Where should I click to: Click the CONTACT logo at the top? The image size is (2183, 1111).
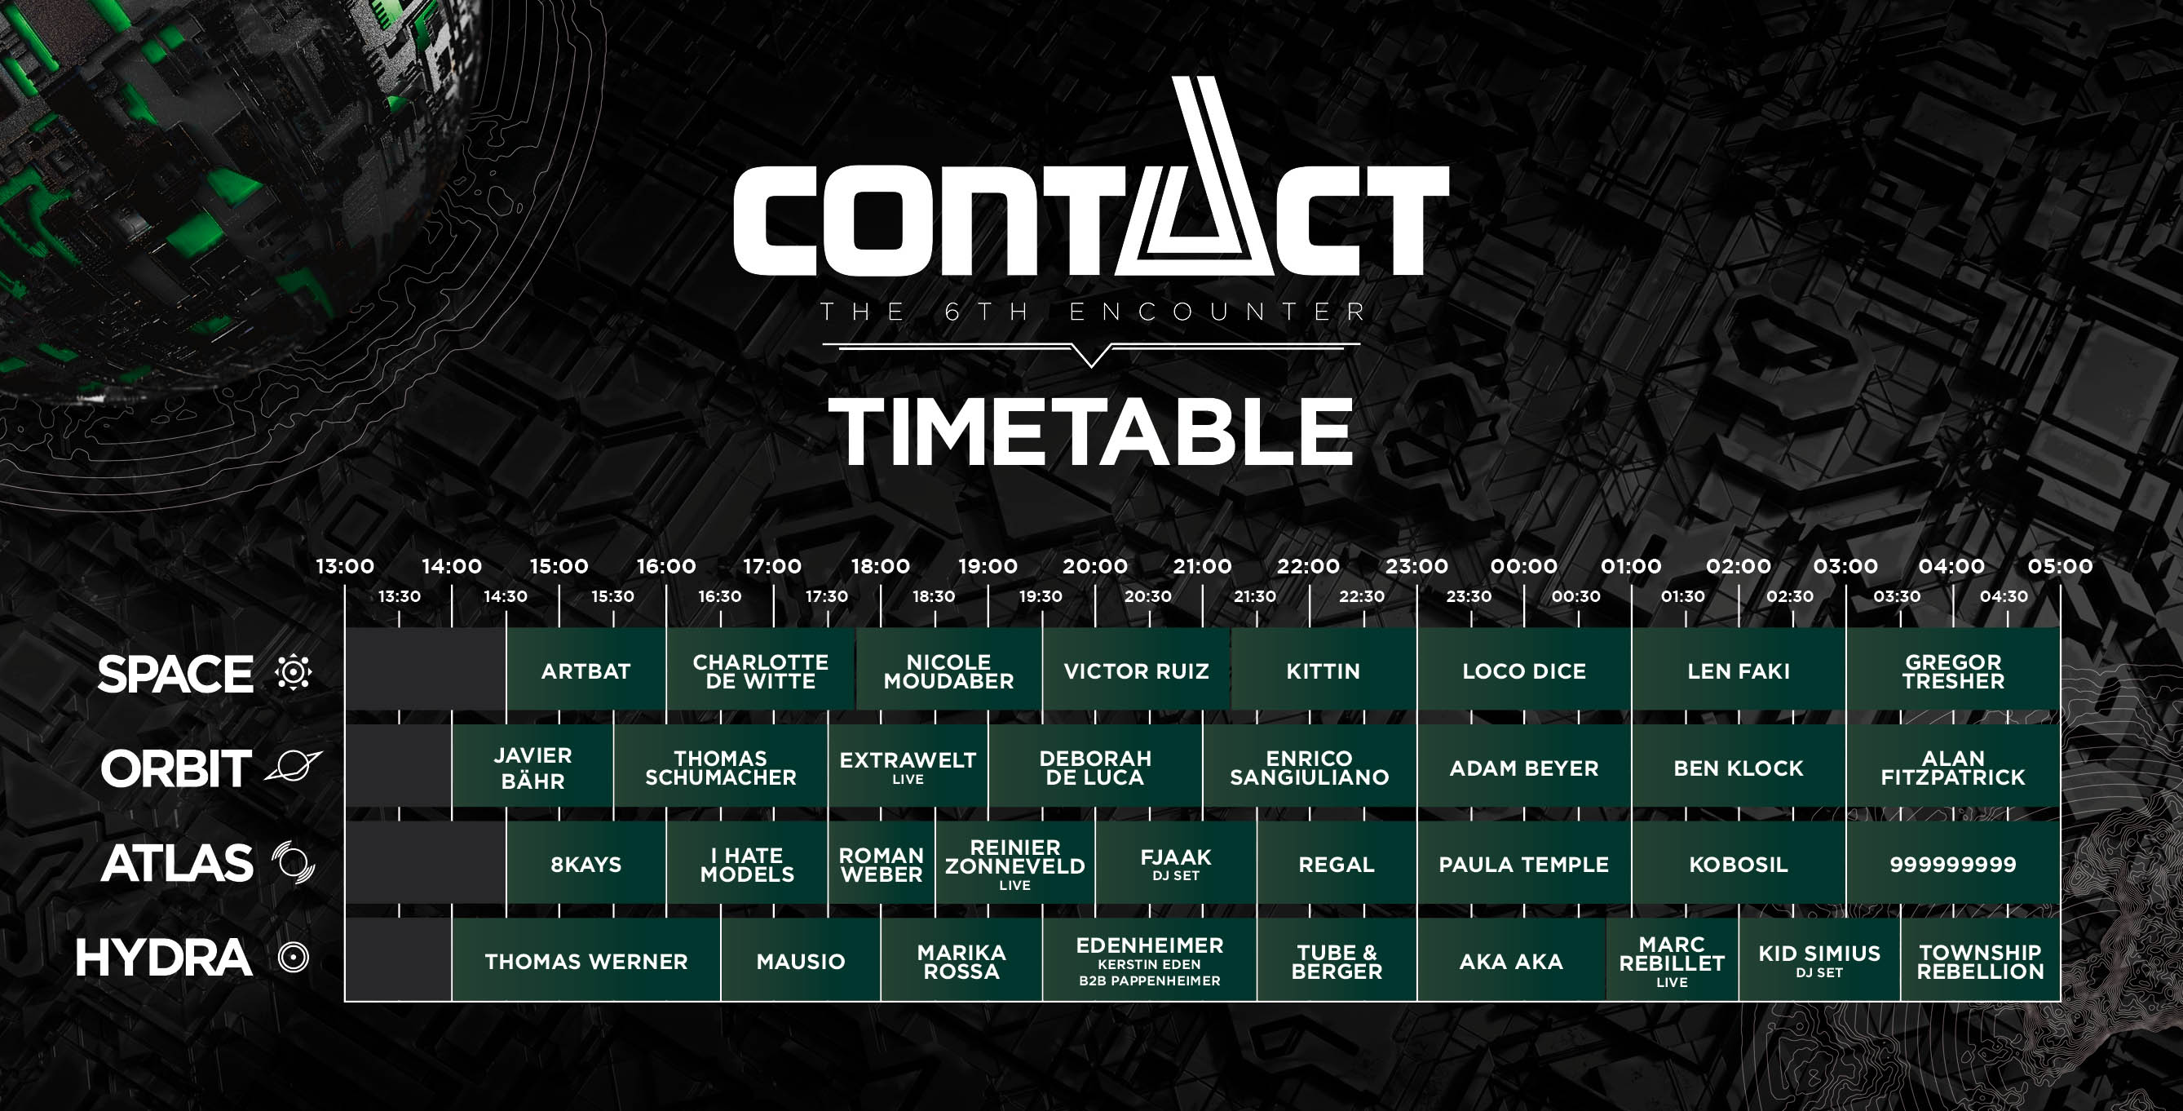point(1090,178)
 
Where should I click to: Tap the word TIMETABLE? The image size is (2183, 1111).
point(1090,432)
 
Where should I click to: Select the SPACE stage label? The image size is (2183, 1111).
point(175,674)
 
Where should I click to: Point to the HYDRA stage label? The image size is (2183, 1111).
point(164,958)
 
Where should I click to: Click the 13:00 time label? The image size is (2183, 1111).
point(345,566)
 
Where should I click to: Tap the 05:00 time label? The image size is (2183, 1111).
point(2060,566)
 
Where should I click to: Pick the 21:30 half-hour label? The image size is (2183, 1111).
point(1255,596)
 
